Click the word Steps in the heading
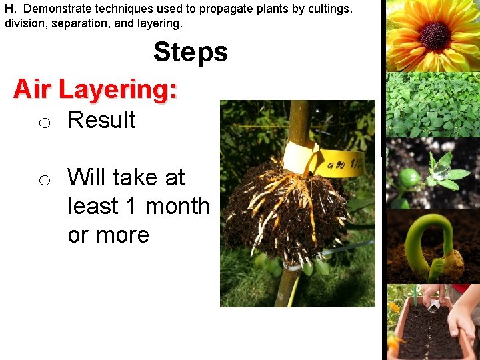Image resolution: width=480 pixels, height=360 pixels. (190, 52)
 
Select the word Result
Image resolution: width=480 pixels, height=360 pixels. (101, 120)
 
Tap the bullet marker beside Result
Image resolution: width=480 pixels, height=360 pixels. (44, 123)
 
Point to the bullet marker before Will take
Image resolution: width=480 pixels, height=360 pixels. (44, 180)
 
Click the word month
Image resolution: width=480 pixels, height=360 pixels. (177, 206)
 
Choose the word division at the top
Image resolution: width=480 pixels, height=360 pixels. (24, 23)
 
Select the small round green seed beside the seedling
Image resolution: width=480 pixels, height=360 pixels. (409, 178)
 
